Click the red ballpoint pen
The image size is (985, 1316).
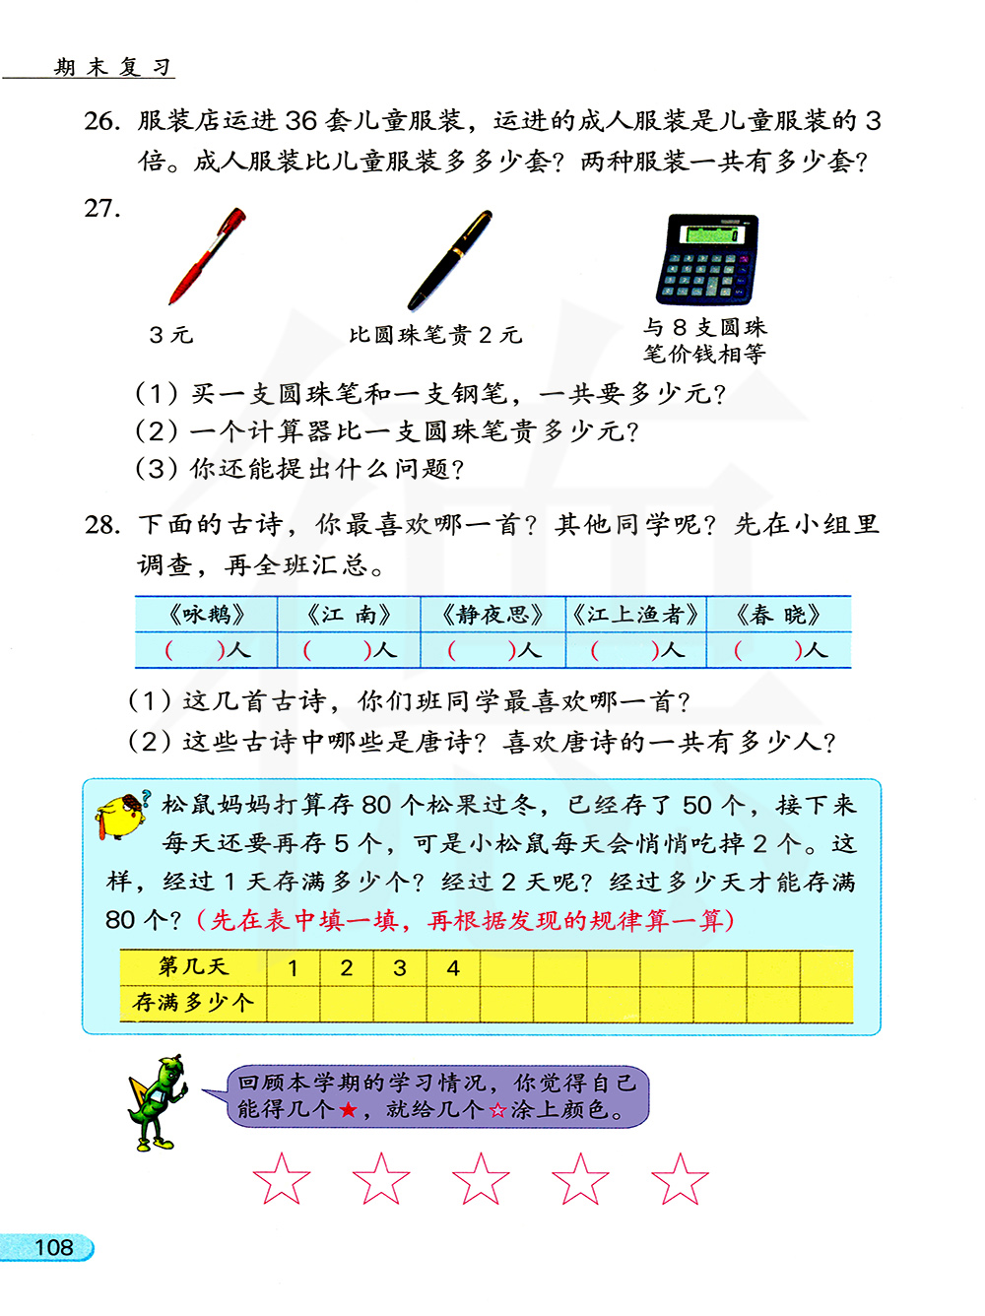tap(206, 256)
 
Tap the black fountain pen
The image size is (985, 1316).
tap(449, 260)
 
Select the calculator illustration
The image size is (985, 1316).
tap(707, 259)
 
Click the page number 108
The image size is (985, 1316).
tap(53, 1247)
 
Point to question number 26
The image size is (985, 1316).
tap(102, 121)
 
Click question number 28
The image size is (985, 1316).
tap(102, 525)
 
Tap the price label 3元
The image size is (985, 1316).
tap(170, 335)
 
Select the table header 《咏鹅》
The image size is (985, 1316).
tap(206, 615)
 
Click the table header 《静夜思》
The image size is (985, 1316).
tap(492, 615)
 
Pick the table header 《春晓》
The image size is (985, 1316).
tap(778, 615)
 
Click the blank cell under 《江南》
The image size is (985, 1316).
tap(349, 650)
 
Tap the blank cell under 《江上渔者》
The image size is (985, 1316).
tap(636, 650)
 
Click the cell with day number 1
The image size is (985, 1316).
tap(293, 968)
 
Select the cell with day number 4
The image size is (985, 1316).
tap(453, 968)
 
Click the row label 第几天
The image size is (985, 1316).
tap(193, 967)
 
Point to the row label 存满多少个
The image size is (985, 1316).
tap(193, 1003)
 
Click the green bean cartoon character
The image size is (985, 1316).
tap(158, 1103)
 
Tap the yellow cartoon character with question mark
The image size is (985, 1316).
tap(122, 814)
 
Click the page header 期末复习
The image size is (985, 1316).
tap(113, 67)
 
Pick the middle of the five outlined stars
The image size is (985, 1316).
tap(481, 1179)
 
